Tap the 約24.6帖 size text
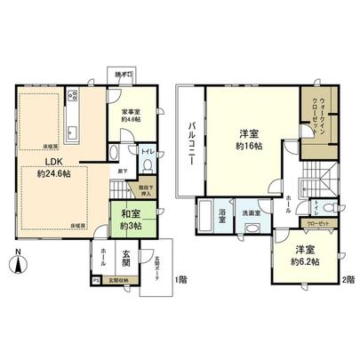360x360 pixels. tap(54, 175)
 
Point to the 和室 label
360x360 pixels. tap(121, 213)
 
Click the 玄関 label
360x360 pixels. tap(126, 255)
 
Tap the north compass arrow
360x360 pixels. tap(20, 262)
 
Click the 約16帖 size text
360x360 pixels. tap(246, 148)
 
